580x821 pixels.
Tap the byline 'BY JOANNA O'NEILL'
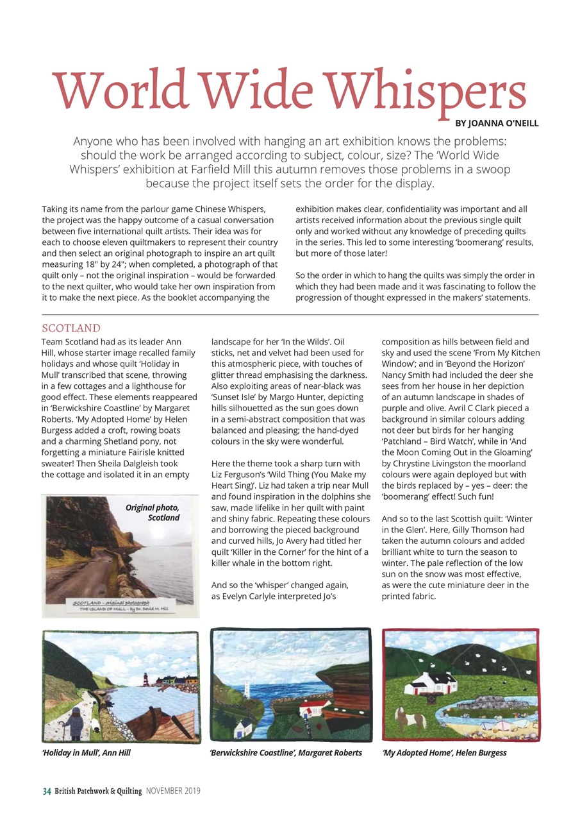pyautogui.click(x=497, y=123)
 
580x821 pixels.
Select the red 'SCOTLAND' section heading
pyautogui.click(x=70, y=328)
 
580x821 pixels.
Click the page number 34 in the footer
pyautogui.click(x=47, y=791)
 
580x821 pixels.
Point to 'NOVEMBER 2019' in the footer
pyautogui.click(x=172, y=791)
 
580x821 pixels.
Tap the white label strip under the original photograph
pyautogui.click(x=120, y=607)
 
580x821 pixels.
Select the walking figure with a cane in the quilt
pyautogui.click(x=76, y=722)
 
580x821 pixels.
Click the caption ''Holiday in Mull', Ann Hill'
pyautogui.click(x=86, y=752)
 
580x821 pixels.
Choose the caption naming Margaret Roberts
pyautogui.click(x=285, y=752)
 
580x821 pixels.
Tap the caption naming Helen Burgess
pyautogui.click(x=443, y=752)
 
